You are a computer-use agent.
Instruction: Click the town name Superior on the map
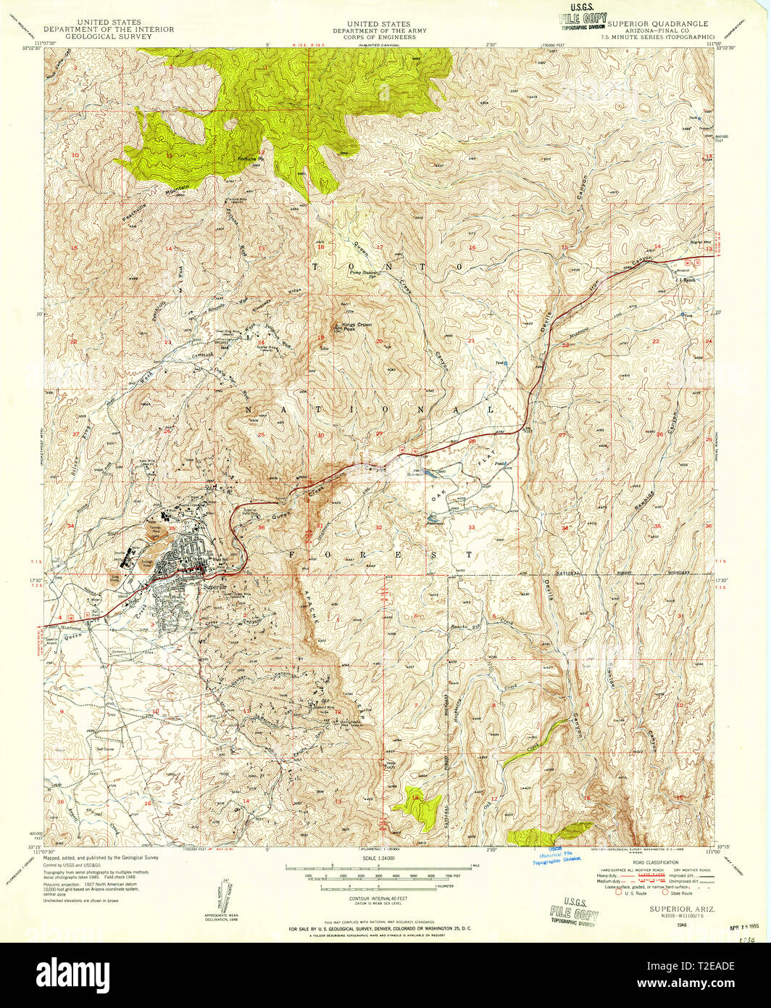tap(215, 586)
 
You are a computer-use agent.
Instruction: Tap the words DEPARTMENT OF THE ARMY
tap(380, 31)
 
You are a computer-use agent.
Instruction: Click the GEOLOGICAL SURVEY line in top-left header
tap(109, 37)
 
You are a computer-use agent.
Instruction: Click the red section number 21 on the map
tap(471, 340)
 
